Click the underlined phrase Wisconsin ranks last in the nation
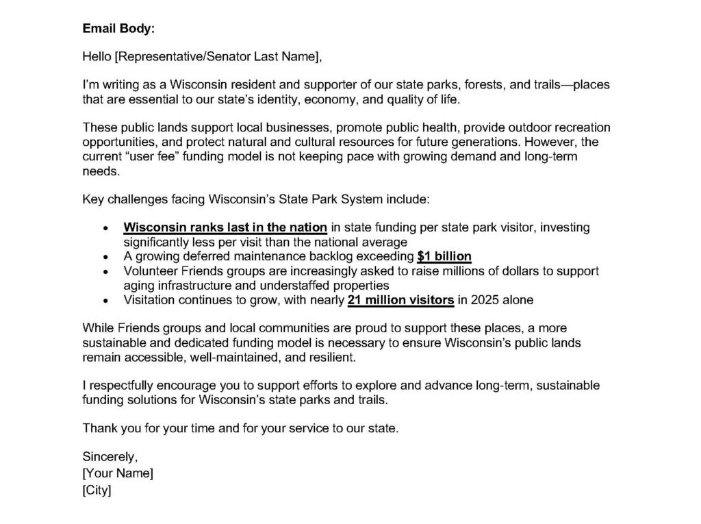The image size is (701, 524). coord(227,227)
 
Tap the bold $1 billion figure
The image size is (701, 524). coord(444,257)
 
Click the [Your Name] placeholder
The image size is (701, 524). coord(118,473)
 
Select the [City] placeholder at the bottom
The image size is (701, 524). coord(97,490)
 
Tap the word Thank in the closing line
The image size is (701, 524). coord(99,429)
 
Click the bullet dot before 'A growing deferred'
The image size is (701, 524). coord(104,258)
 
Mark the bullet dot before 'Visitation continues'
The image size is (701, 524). coord(104,301)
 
